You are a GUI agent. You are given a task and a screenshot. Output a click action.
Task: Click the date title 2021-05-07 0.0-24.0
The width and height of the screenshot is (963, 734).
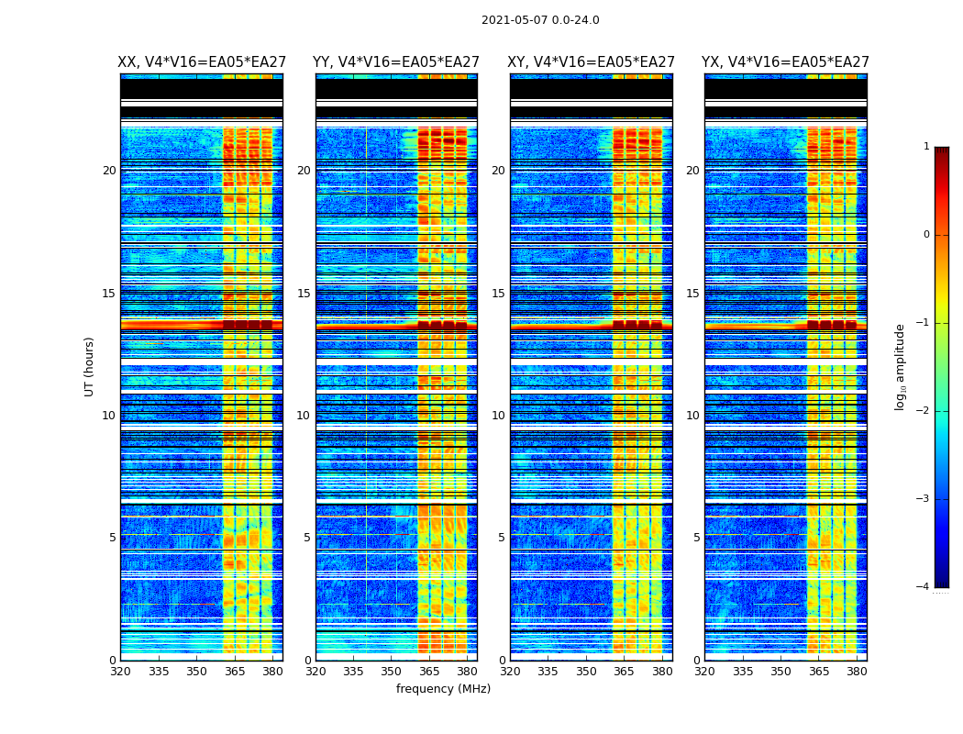(x=540, y=20)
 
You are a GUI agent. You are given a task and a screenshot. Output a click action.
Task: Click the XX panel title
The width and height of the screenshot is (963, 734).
(x=202, y=62)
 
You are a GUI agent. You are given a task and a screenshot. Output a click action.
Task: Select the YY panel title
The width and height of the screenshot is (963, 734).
(x=396, y=62)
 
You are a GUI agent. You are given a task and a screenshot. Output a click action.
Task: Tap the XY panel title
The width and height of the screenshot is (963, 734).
(x=592, y=62)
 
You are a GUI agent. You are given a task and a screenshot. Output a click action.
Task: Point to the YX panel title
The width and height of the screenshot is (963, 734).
(x=785, y=62)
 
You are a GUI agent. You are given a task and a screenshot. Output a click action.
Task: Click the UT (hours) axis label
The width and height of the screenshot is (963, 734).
(x=89, y=366)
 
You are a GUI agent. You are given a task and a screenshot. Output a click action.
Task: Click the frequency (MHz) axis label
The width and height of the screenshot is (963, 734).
(x=443, y=689)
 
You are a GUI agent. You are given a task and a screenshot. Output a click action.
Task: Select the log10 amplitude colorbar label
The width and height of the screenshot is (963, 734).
(x=901, y=366)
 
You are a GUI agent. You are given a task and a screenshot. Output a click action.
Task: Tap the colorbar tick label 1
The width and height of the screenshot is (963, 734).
(x=925, y=147)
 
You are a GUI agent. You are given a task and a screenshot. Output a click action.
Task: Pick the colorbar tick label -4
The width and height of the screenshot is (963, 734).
(x=923, y=587)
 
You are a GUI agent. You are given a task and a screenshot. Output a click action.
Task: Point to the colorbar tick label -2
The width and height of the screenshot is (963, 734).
(x=923, y=411)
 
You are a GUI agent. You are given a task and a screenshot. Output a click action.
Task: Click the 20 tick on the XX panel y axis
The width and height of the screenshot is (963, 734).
(x=109, y=171)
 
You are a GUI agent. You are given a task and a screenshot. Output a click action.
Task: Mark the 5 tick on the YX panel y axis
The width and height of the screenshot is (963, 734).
(x=696, y=538)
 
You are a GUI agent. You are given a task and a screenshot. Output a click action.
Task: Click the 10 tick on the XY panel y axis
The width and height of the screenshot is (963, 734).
(x=498, y=416)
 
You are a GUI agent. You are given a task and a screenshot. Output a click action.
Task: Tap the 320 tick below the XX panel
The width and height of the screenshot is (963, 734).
(x=120, y=672)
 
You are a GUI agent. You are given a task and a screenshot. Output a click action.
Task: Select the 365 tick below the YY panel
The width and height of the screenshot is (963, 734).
(x=429, y=672)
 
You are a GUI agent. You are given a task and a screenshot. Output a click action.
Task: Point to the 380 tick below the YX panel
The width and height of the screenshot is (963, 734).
(x=857, y=672)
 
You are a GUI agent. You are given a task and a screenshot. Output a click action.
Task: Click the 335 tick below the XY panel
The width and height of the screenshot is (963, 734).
(x=548, y=672)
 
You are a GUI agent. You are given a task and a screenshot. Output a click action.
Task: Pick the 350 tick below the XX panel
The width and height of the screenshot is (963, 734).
(x=196, y=672)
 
